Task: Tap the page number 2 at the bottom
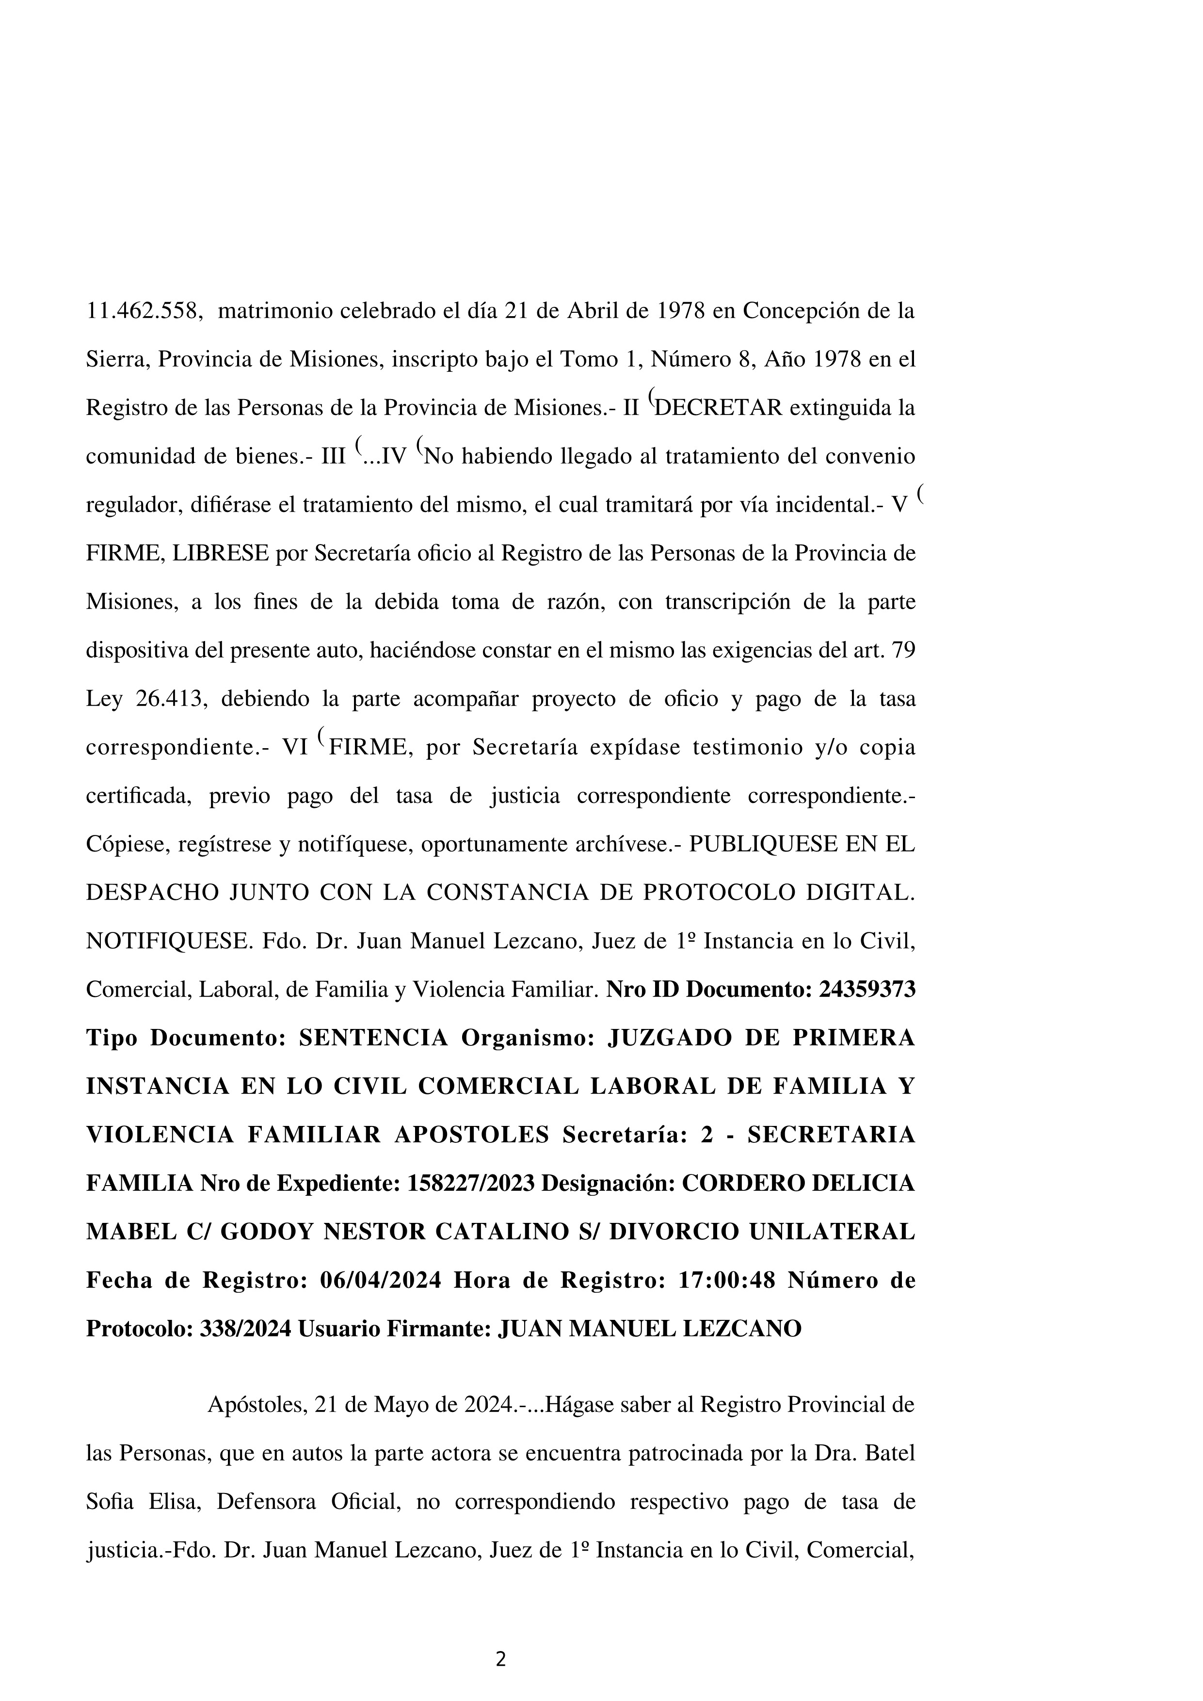501,1659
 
